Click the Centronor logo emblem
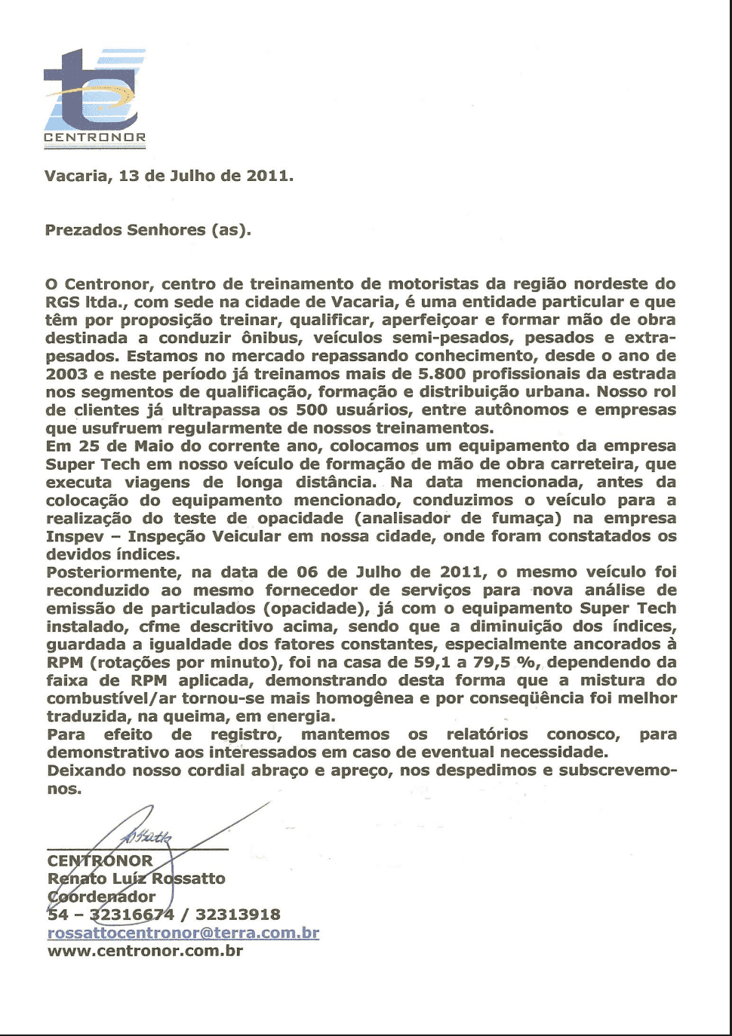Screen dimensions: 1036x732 point(94,90)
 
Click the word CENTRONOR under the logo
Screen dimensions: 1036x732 point(94,138)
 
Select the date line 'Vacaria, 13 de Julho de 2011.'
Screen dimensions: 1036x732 point(169,176)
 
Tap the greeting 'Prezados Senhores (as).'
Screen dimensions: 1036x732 point(148,230)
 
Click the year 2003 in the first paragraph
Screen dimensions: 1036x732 point(66,374)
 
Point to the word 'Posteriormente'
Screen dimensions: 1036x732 point(113,573)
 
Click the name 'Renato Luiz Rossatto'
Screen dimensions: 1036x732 point(136,878)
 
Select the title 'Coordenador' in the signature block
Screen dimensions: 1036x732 point(101,897)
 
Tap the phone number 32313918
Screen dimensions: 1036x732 point(238,915)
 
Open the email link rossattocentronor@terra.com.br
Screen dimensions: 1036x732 point(183,933)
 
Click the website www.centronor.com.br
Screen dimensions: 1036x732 point(145,951)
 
